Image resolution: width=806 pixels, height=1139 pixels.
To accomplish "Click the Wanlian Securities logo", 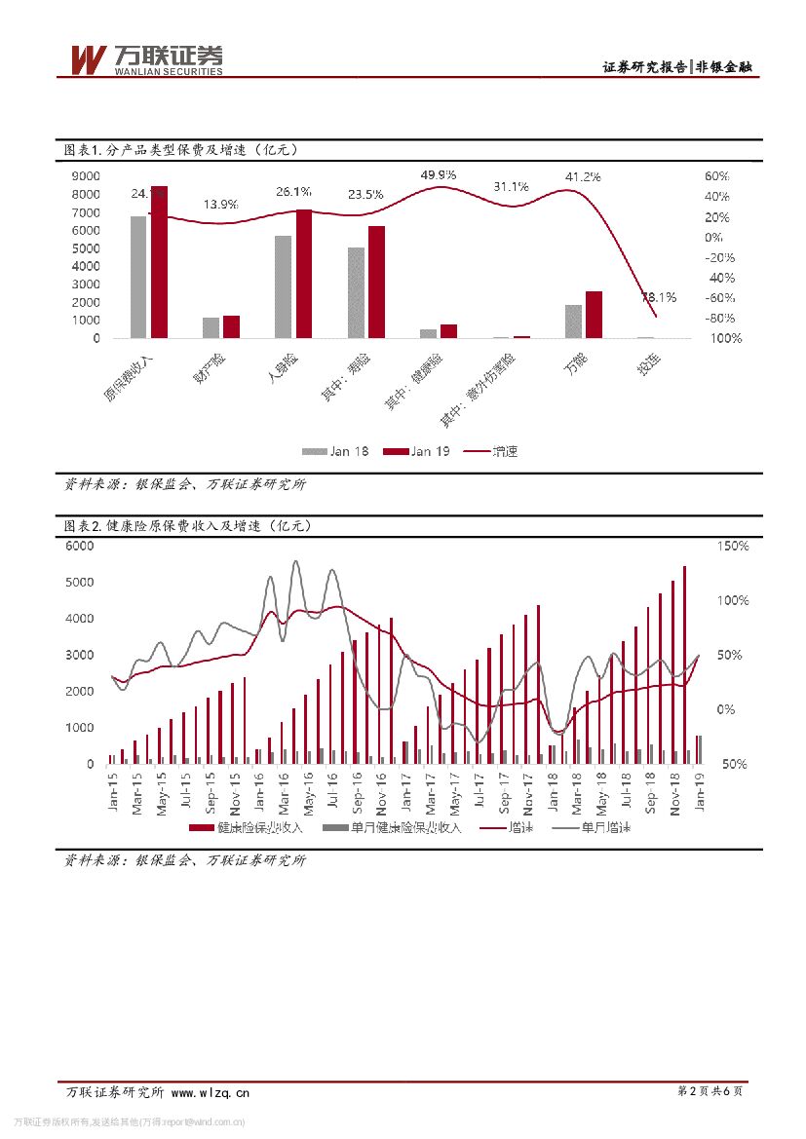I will click(146, 59).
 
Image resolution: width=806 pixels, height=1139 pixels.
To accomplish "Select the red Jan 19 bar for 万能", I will click(594, 314).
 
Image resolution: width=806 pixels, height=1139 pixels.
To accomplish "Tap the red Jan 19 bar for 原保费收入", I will click(159, 262).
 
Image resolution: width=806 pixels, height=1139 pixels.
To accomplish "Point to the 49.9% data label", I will click(439, 174).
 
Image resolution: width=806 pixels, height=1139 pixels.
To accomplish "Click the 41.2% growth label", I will click(583, 176).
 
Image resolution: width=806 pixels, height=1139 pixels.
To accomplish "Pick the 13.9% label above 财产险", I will click(220, 205).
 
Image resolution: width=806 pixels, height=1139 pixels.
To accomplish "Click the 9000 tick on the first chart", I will click(86, 176).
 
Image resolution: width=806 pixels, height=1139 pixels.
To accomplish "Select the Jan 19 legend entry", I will click(416, 451).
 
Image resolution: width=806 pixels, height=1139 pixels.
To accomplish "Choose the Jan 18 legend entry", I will click(335, 451).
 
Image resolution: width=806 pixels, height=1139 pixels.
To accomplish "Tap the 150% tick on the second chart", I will click(733, 547).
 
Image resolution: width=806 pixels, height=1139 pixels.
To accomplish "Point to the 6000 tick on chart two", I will click(79, 547).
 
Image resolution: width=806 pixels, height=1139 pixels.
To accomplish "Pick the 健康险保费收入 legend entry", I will click(248, 827).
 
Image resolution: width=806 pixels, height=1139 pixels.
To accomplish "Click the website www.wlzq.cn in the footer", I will click(211, 1092).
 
